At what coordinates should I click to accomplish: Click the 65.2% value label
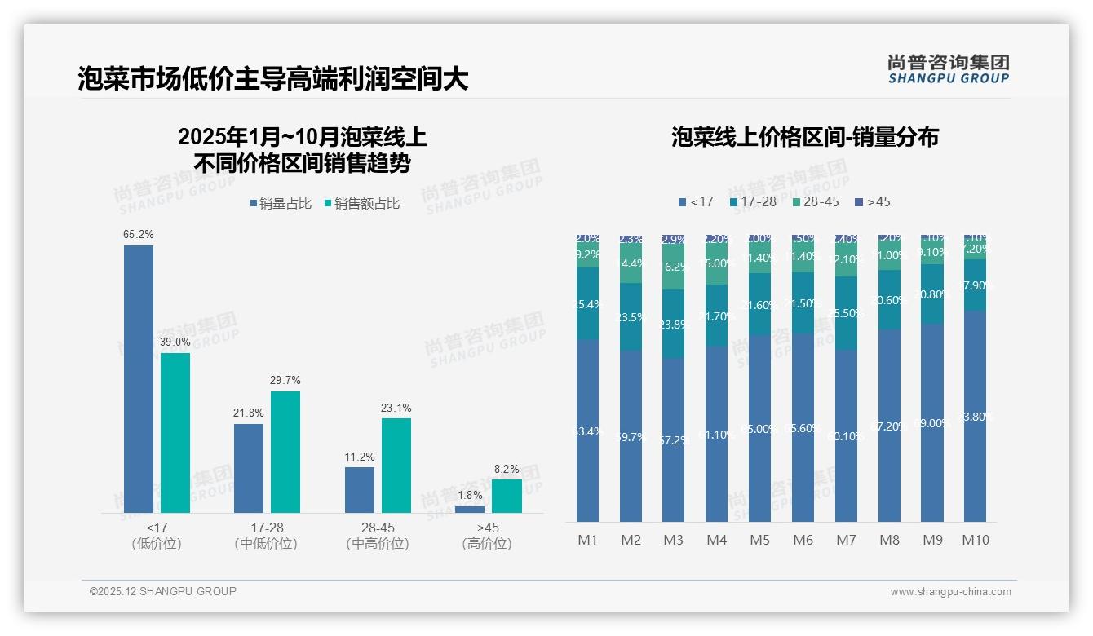pyautogui.click(x=139, y=235)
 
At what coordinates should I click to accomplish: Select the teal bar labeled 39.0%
pyautogui.click(x=175, y=432)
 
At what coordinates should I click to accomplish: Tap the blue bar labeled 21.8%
pyautogui.click(x=249, y=468)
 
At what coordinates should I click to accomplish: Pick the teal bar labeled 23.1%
pyautogui.click(x=396, y=466)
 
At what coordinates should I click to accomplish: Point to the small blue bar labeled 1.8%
pyautogui.click(x=470, y=510)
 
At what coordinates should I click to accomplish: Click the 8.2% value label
pyautogui.click(x=507, y=470)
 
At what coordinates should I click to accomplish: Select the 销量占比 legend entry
pyautogui.click(x=281, y=204)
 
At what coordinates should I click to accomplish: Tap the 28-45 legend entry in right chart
pyautogui.click(x=815, y=201)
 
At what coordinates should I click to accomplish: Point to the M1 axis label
pyautogui.click(x=587, y=540)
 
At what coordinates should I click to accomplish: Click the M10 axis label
pyautogui.click(x=975, y=540)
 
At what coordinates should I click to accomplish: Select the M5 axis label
pyautogui.click(x=759, y=540)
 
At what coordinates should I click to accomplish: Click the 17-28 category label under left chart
pyautogui.click(x=267, y=528)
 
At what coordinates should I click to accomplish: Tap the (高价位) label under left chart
pyautogui.click(x=487, y=544)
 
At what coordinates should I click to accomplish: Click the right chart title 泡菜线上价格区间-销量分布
pyautogui.click(x=805, y=137)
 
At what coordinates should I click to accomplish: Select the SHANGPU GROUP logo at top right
pyautogui.click(x=948, y=68)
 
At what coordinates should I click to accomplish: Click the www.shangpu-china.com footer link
pyautogui.click(x=950, y=592)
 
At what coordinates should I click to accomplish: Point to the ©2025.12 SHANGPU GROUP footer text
pyautogui.click(x=163, y=591)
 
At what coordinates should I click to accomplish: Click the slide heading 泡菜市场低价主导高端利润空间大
pyautogui.click(x=273, y=79)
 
